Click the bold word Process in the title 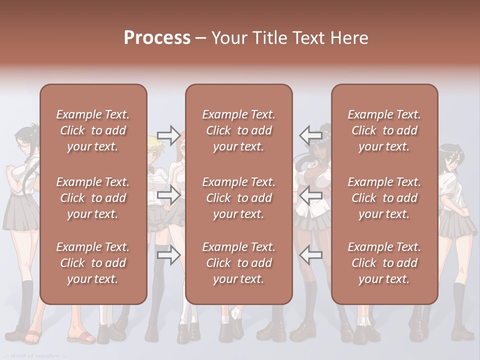click(157, 38)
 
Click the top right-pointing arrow click(168, 135)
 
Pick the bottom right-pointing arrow click(168, 255)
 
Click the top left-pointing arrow click(310, 135)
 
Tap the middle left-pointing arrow click(310, 195)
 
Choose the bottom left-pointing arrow click(310, 255)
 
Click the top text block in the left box click(93, 130)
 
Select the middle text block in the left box click(93, 198)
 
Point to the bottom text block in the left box click(93, 263)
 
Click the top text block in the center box click(239, 130)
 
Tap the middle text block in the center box click(239, 198)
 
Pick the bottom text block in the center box click(239, 263)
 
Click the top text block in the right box click(384, 130)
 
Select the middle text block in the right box click(384, 198)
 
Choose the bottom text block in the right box click(384, 263)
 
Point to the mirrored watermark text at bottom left click(35, 355)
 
